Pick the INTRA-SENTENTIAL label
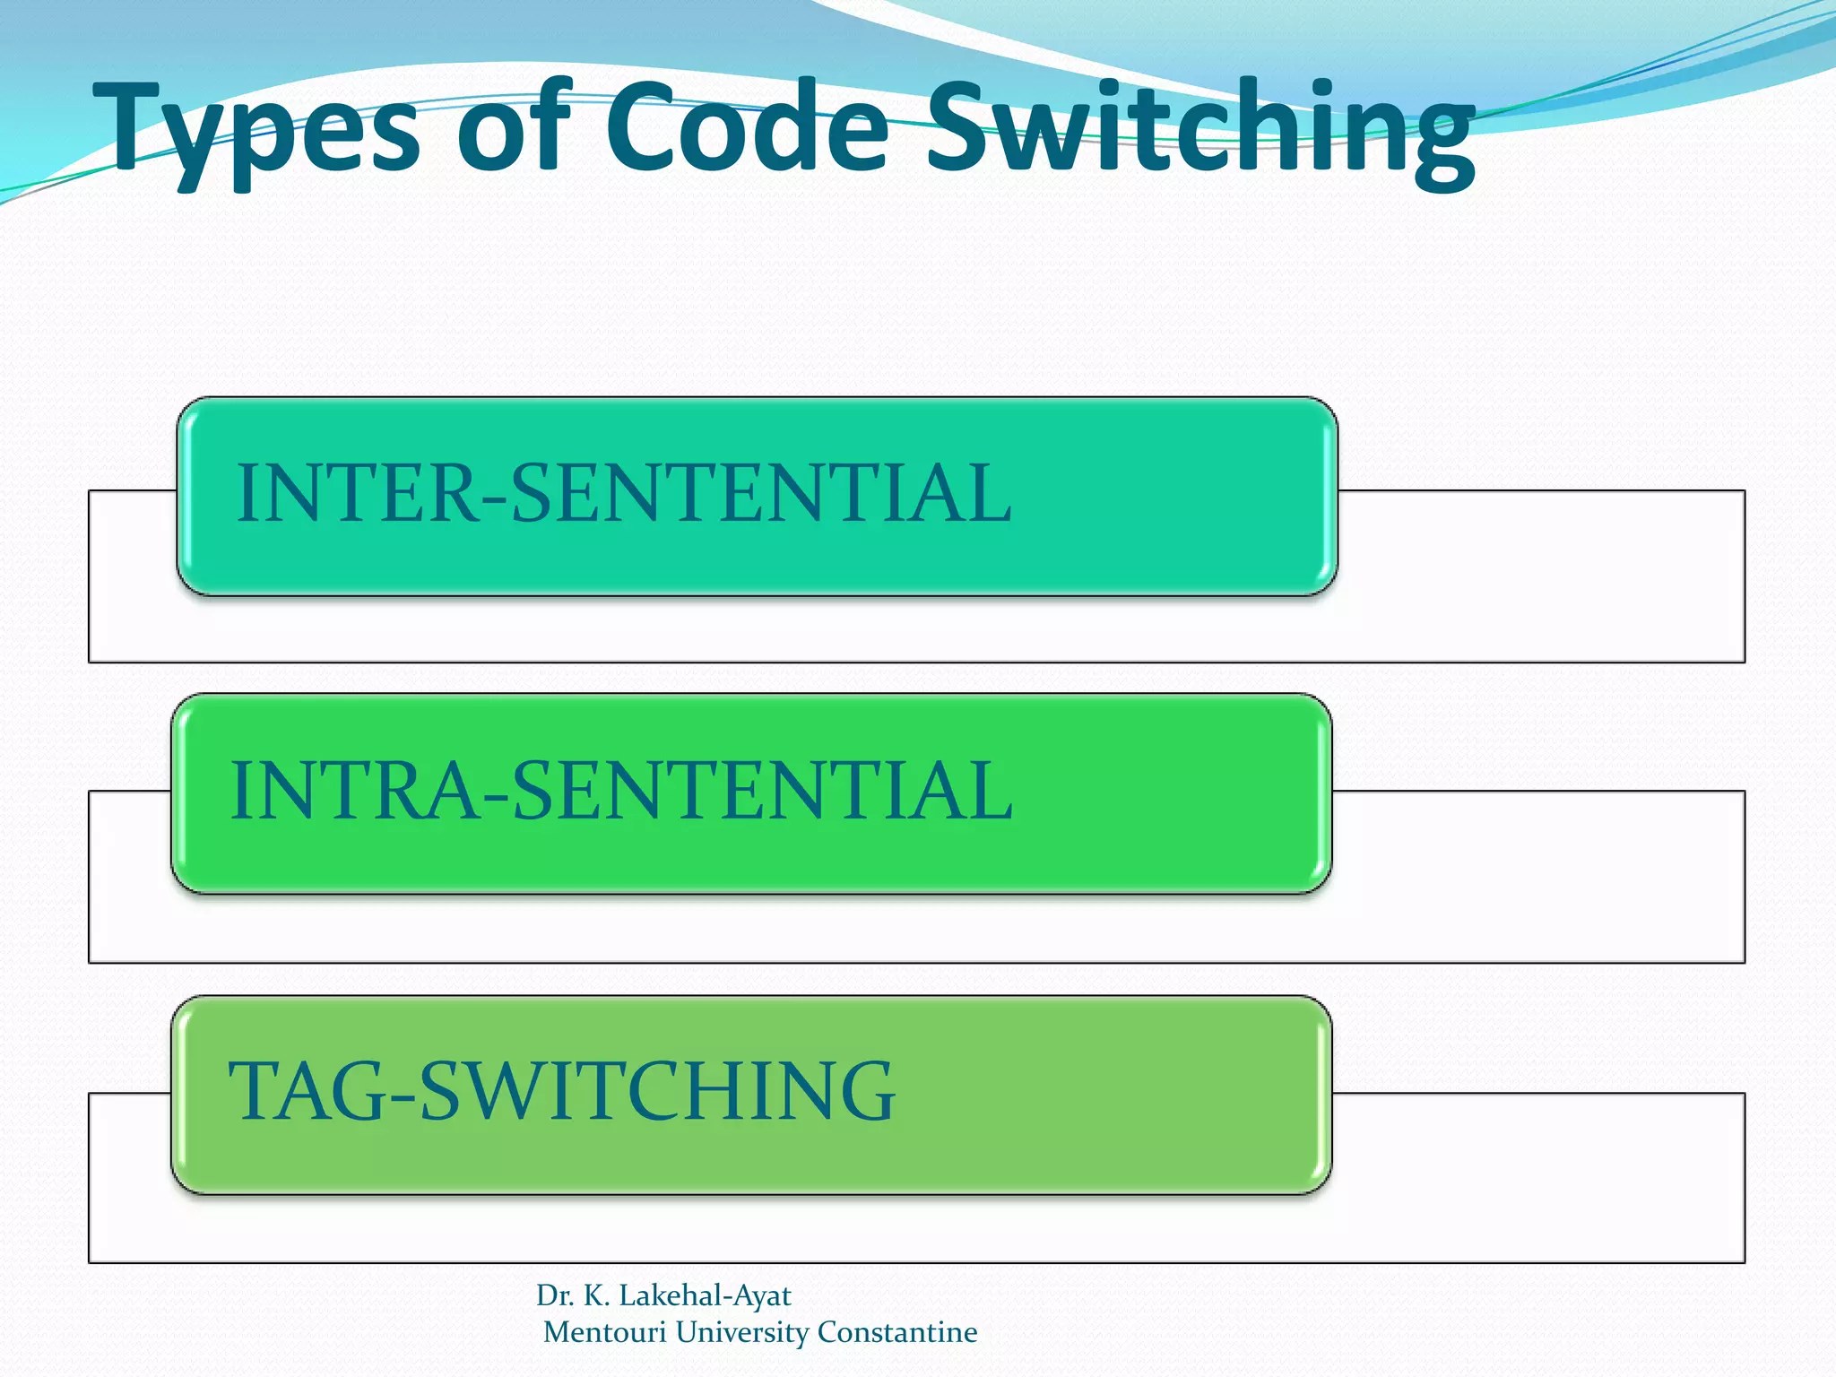pyautogui.click(x=621, y=791)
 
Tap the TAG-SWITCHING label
pyautogui.click(x=561, y=1092)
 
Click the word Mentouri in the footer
pyautogui.click(x=605, y=1332)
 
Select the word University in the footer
pyautogui.click(x=742, y=1332)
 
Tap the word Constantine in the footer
pyautogui.click(x=897, y=1332)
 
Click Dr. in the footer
pyautogui.click(x=555, y=1295)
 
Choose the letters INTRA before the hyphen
pyautogui.click(x=355, y=791)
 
